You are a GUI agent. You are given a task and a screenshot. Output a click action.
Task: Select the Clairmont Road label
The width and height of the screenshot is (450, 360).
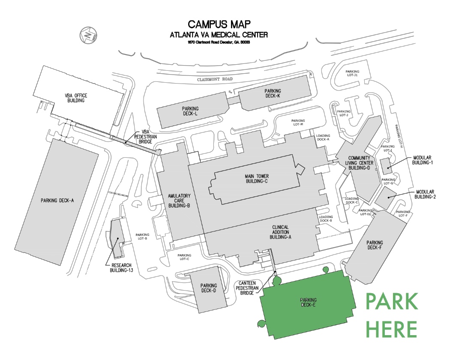(214, 80)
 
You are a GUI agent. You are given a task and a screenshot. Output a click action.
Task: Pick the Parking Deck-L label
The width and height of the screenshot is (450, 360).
(191, 111)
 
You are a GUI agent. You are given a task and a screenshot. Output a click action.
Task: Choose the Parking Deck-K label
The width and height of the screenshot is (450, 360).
(273, 93)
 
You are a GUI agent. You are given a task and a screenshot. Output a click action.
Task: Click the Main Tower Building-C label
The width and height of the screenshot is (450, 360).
(256, 179)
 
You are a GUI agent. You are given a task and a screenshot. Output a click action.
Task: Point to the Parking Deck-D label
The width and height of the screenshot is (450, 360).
(209, 288)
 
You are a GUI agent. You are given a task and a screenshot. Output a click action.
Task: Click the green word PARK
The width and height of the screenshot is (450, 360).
(391, 302)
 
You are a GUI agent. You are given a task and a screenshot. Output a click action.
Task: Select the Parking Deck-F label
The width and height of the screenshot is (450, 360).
(375, 245)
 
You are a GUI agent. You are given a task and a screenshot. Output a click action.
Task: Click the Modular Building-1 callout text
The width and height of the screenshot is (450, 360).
(424, 160)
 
